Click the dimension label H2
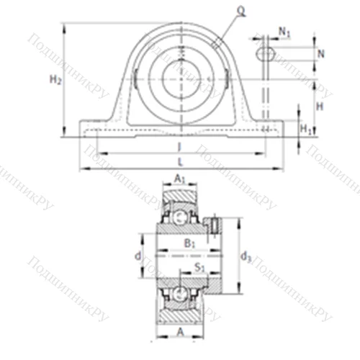[x=55, y=81]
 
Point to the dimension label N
[x=321, y=54]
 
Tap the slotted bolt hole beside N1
[x=266, y=53]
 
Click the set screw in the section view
[x=213, y=227]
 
